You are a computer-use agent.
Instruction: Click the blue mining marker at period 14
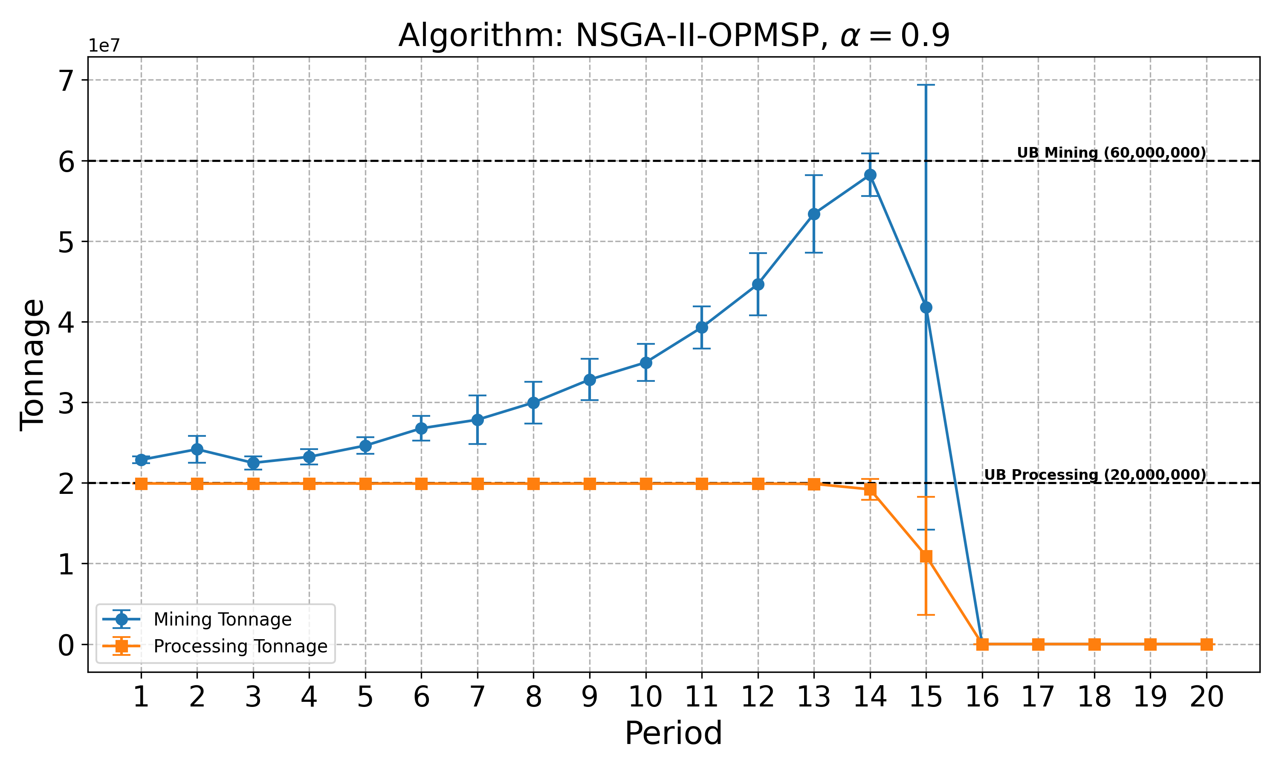click(870, 175)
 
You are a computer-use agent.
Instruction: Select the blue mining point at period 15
click(926, 308)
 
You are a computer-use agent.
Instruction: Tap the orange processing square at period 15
click(926, 556)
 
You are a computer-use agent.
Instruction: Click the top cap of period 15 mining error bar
click(926, 85)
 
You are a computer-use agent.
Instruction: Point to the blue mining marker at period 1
click(141, 459)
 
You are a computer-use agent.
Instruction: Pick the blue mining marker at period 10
click(646, 362)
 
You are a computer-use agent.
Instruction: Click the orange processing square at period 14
click(870, 489)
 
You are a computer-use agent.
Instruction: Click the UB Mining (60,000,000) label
click(1111, 153)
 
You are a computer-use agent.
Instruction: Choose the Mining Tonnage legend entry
click(222, 619)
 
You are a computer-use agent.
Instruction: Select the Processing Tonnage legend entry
click(240, 646)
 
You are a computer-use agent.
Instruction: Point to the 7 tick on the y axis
click(67, 81)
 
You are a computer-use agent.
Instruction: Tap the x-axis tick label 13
click(814, 698)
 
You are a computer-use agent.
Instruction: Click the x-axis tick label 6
click(421, 698)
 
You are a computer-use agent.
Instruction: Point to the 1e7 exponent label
click(104, 46)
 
